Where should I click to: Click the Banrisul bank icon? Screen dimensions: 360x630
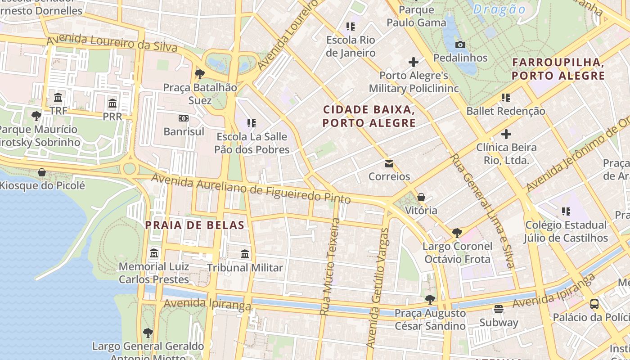pyautogui.click(x=184, y=118)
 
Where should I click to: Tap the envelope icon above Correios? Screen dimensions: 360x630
pyautogui.click(x=389, y=164)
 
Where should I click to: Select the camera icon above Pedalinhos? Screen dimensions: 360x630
pyautogui.click(x=460, y=45)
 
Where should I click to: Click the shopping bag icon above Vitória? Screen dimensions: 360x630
pyautogui.click(x=421, y=197)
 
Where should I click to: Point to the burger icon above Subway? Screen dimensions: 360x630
pyautogui.click(x=498, y=309)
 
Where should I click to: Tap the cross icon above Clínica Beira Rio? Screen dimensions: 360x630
pyautogui.click(x=506, y=134)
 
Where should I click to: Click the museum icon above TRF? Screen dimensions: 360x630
pyautogui.click(x=58, y=98)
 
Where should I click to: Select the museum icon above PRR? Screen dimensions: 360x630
pyautogui.click(x=112, y=103)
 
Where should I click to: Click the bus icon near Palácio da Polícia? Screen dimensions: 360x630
pyautogui.click(x=594, y=304)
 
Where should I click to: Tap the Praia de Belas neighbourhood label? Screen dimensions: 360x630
pyautogui.click(x=194, y=225)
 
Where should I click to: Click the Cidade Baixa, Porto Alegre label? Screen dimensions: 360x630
pyautogui.click(x=369, y=116)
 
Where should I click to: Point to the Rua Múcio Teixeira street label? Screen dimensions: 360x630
pyautogui.click(x=330, y=266)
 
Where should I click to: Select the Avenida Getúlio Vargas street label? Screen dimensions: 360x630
pyautogui.click(x=377, y=288)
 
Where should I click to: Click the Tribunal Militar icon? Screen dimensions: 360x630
pyautogui.click(x=245, y=254)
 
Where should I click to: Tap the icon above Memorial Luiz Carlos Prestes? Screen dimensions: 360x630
pyautogui.click(x=154, y=253)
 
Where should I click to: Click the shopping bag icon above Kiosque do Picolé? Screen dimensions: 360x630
pyautogui.click(x=42, y=172)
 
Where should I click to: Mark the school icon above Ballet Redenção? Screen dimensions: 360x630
pyautogui.click(x=506, y=98)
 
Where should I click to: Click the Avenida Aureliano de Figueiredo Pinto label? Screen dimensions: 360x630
pyautogui.click(x=251, y=189)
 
